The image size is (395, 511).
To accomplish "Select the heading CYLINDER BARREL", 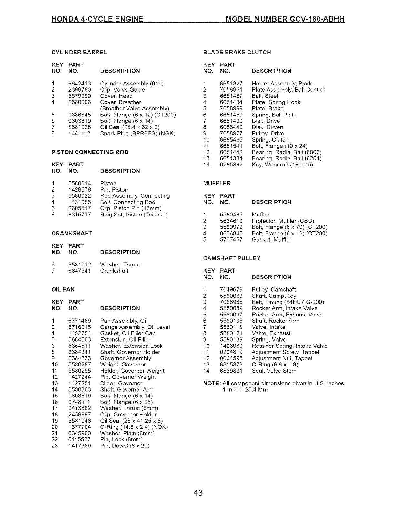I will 79,52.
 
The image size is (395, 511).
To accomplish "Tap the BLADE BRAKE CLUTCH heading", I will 237,52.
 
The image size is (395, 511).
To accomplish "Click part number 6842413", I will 80,84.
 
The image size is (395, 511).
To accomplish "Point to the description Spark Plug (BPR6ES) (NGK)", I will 138,134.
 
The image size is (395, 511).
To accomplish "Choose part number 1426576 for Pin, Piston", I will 80,190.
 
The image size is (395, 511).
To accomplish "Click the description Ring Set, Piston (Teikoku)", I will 134,215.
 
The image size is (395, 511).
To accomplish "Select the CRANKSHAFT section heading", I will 72,233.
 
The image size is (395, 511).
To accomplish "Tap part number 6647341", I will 80,271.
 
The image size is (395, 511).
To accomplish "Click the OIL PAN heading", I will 63,290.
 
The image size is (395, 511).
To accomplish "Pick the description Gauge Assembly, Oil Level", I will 135,327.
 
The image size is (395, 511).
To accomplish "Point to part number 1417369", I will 80,446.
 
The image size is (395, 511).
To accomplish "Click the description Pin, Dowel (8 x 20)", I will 125,446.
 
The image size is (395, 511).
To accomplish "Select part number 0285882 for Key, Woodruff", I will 231,165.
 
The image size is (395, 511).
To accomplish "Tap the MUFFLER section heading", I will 217,184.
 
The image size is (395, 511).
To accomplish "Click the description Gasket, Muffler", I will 271,240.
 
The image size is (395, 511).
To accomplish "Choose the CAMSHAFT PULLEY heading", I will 232,258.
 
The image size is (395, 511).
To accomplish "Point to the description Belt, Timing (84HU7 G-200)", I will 288,302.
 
